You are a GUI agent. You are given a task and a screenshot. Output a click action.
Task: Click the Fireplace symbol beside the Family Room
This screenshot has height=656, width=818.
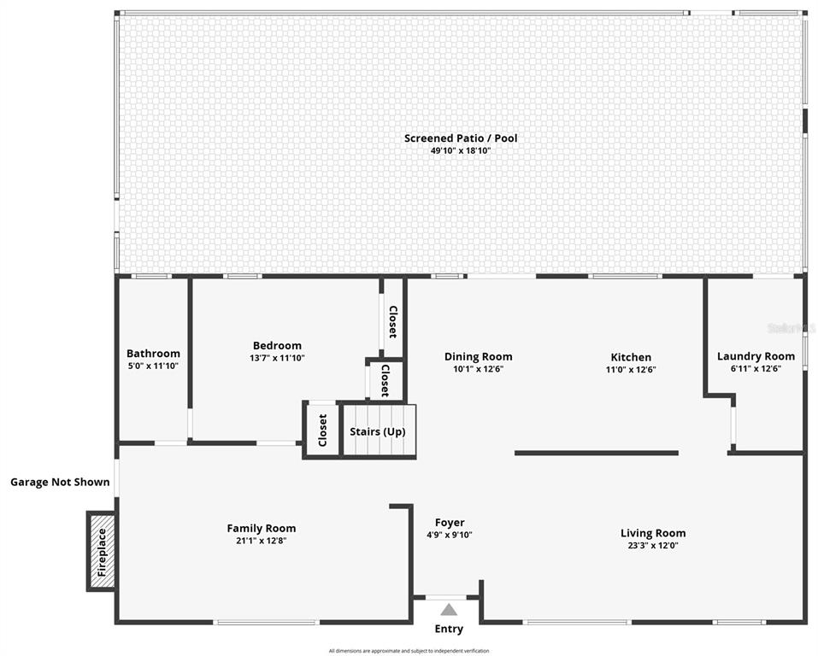[102, 551]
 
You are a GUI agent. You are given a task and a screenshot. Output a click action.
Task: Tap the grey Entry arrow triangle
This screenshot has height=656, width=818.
[449, 609]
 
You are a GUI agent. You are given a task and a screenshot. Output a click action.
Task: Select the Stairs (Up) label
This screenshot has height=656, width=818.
[377, 431]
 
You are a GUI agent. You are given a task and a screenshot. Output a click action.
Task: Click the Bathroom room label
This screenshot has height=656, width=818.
[153, 354]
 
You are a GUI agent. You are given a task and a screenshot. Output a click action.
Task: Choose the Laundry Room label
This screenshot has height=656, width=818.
[756, 356]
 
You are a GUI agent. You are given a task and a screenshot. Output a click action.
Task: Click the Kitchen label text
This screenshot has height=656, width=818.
[631, 357]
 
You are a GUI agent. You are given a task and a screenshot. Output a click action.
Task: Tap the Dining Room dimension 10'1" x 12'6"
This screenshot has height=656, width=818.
[478, 369]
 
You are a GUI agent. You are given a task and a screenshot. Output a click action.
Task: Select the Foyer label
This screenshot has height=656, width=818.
[450, 523]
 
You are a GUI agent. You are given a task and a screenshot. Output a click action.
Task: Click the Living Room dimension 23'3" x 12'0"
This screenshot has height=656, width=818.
[652, 545]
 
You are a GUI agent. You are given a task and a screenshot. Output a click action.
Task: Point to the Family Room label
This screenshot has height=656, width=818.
[261, 528]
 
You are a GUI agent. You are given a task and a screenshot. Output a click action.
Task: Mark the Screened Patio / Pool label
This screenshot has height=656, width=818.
[461, 138]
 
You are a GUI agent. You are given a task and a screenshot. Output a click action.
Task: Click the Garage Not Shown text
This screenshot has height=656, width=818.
[60, 482]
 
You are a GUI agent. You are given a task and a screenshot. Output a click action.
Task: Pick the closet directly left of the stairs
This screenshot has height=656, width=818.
[322, 430]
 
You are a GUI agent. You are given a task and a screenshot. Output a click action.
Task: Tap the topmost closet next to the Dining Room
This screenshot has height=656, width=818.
[392, 321]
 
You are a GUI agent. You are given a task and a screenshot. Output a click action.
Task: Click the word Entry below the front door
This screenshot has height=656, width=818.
[449, 629]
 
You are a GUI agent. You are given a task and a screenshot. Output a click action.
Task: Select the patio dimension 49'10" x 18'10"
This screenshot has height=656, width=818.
[461, 151]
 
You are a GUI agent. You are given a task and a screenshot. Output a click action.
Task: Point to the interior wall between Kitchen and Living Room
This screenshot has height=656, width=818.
[596, 453]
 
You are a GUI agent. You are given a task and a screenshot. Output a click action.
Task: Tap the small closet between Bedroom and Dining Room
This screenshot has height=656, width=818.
[385, 380]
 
